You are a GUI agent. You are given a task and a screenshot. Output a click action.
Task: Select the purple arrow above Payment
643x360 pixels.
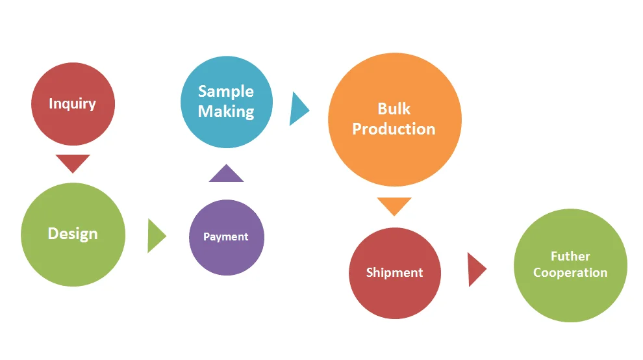tap(226, 174)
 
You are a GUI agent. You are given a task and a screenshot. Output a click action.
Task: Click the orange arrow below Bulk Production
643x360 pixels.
tap(394, 205)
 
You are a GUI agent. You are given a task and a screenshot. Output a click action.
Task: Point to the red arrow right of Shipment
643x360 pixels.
tap(475, 269)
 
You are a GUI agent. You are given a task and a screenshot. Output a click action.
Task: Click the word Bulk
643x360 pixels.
tap(394, 109)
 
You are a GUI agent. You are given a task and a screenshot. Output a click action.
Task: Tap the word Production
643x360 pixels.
tap(394, 129)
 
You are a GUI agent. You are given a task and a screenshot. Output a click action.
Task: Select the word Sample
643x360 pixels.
tap(226, 92)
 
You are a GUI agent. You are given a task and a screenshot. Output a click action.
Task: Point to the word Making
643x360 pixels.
tap(226, 112)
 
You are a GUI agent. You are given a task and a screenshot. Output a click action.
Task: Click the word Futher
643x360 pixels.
tap(570, 256)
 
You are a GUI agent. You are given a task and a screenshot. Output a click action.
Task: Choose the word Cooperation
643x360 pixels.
tap(570, 273)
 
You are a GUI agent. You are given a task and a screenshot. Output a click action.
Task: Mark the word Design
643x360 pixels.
tap(73, 234)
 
